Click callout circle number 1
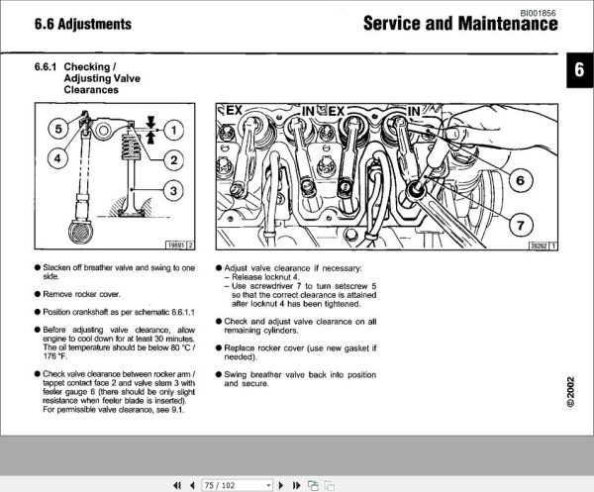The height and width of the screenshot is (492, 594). pyautogui.click(x=172, y=129)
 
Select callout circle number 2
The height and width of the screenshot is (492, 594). pyautogui.click(x=172, y=159)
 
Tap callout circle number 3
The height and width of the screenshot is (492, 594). pyautogui.click(x=172, y=191)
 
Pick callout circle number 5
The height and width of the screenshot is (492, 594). pyautogui.click(x=59, y=128)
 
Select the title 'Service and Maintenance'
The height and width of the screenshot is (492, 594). pyautogui.click(x=459, y=23)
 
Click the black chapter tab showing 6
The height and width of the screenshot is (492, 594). pyautogui.click(x=578, y=71)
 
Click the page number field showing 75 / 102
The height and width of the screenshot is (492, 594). pyautogui.click(x=236, y=485)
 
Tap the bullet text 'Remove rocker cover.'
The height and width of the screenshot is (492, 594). pyautogui.click(x=83, y=295)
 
